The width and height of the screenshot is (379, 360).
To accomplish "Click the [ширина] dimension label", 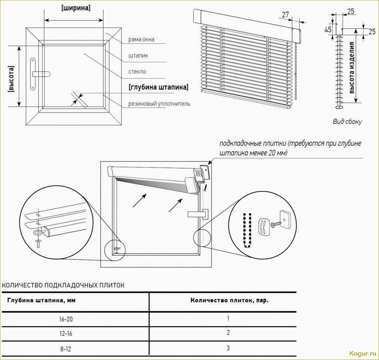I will click(x=76, y=8).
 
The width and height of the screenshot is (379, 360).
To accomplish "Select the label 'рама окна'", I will click(x=141, y=40).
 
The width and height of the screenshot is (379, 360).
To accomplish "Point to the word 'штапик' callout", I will click(x=138, y=56).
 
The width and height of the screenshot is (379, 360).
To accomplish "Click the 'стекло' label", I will click(x=137, y=72).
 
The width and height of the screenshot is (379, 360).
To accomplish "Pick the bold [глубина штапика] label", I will click(x=158, y=88).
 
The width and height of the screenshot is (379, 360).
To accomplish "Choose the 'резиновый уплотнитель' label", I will click(x=159, y=104).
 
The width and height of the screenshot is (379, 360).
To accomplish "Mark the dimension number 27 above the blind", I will click(x=285, y=15).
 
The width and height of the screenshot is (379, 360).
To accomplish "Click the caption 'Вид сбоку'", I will click(x=347, y=121).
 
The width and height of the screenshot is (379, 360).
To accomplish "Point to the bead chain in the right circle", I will click(x=246, y=229).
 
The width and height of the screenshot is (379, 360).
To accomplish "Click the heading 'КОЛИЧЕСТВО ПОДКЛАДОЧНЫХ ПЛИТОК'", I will click(x=64, y=285).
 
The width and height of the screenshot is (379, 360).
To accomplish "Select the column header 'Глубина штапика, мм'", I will click(x=41, y=300).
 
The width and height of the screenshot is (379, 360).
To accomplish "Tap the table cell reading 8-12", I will click(x=65, y=348).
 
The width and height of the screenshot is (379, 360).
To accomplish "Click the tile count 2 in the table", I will click(x=228, y=333).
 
